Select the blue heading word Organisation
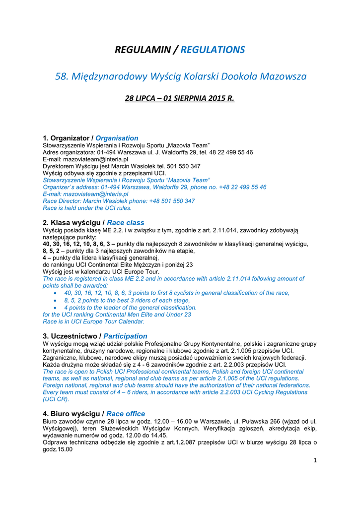(117, 138)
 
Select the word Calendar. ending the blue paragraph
(131, 321)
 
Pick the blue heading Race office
(126, 414)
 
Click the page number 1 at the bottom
(315, 460)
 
